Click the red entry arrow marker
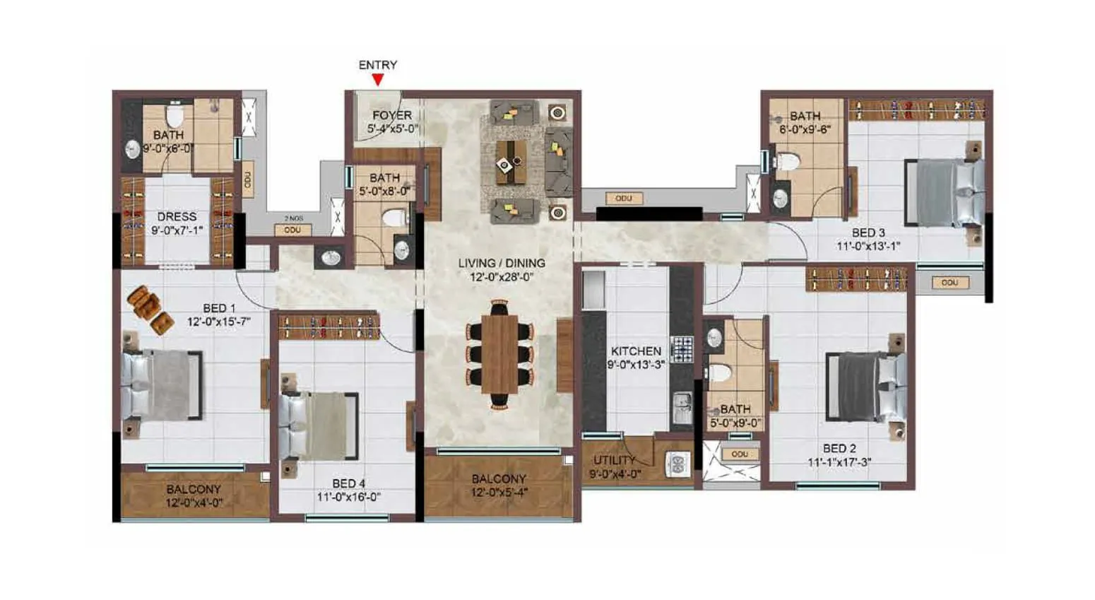point(378,80)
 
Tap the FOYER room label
point(392,115)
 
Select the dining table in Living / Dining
point(499,353)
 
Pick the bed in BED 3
point(944,192)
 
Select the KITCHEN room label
point(636,351)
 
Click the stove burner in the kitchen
point(682,348)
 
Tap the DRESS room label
point(177,217)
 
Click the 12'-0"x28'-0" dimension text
point(502,277)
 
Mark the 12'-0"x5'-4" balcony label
point(499,493)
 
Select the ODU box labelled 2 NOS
point(292,230)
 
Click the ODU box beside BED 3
point(949,282)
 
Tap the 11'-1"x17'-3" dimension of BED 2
point(839,462)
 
